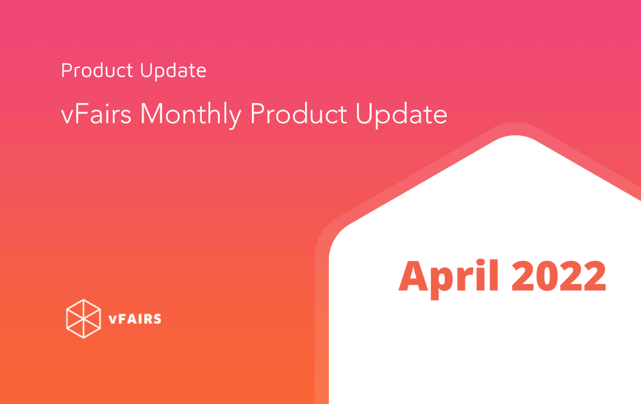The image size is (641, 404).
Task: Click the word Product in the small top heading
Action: (97, 71)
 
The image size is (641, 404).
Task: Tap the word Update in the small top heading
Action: (173, 71)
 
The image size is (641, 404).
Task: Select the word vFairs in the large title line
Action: (96, 114)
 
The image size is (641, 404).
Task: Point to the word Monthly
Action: (191, 115)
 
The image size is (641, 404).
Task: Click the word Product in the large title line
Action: (299, 114)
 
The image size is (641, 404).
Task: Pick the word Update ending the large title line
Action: (401, 115)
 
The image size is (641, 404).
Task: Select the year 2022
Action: (559, 276)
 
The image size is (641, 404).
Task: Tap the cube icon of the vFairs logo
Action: (83, 319)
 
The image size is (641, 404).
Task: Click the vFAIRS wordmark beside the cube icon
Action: (135, 319)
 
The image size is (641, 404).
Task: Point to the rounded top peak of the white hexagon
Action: (515, 136)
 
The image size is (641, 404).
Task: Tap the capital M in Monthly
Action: (153, 114)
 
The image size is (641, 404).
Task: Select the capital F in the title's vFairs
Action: (80, 114)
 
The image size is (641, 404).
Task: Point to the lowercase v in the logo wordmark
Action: (112, 320)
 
